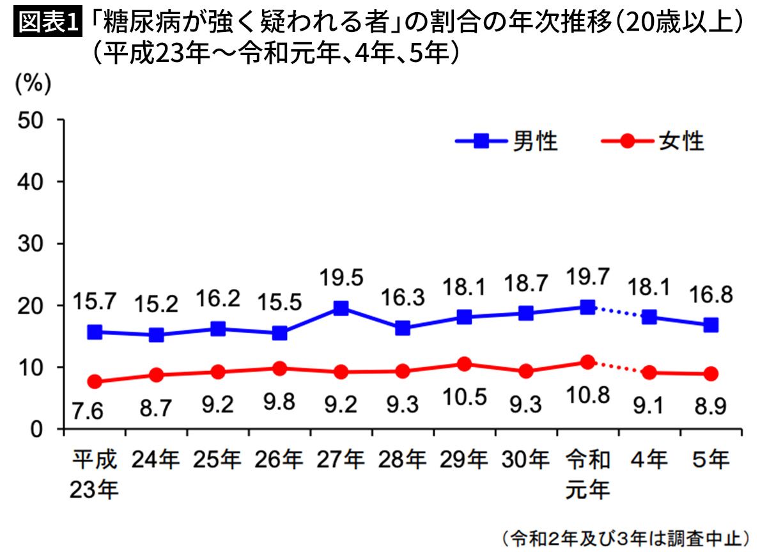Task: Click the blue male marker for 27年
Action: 341,308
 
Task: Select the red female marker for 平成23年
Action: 95,382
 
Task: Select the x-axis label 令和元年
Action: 587,474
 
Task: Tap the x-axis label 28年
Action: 402,459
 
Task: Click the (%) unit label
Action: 33,85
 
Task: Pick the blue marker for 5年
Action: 710,325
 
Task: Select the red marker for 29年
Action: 464,364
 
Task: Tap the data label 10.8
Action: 587,397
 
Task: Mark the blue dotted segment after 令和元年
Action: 618,312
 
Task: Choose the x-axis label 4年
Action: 649,459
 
